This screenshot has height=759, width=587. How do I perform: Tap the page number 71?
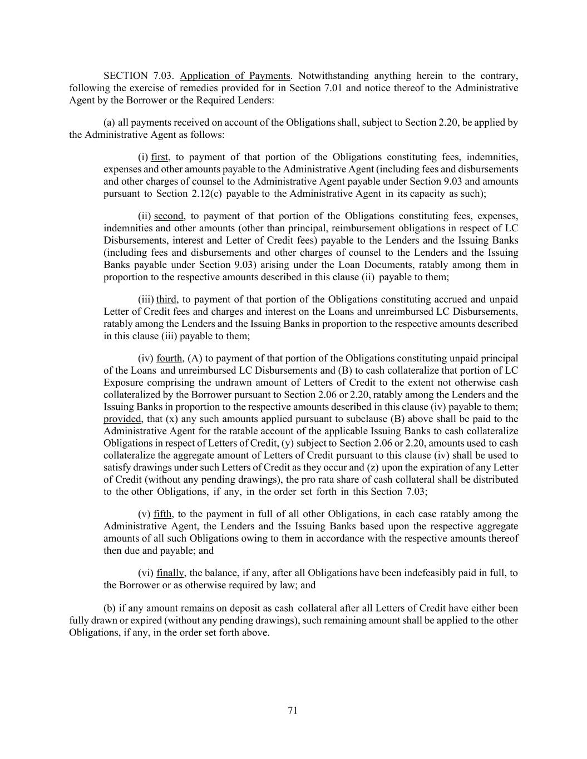click(293, 710)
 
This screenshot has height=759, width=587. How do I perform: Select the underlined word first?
click(160, 157)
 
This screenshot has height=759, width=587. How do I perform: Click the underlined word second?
click(169, 216)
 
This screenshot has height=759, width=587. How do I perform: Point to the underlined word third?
click(167, 300)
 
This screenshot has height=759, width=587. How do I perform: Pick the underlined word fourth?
click(170, 359)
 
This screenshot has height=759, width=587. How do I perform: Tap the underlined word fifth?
click(162, 514)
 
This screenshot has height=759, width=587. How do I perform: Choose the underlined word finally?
click(170, 573)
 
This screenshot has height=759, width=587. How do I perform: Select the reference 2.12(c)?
click(205, 194)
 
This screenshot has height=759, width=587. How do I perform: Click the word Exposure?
click(123, 383)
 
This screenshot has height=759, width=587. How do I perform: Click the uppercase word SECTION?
click(126, 76)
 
